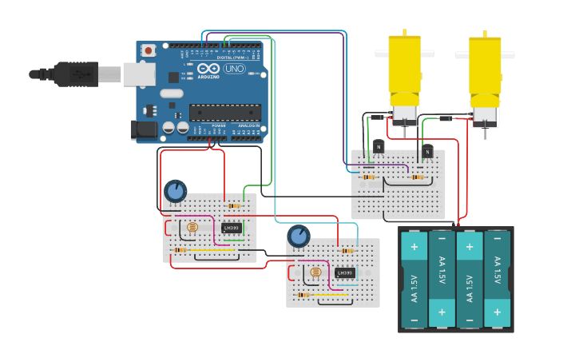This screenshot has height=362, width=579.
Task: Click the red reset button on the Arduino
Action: tap(148, 50)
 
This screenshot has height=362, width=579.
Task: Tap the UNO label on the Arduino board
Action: tap(234, 70)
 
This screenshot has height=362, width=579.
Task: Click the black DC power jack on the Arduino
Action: tap(141, 129)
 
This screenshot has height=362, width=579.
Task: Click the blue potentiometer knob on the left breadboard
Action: tap(175, 191)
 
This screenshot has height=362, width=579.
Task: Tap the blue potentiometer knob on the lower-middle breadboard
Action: tap(299, 236)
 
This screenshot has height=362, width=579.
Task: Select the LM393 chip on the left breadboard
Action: tap(232, 228)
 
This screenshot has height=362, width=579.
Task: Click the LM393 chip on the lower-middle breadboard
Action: tap(345, 272)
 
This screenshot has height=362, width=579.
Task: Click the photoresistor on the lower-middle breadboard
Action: tap(315, 273)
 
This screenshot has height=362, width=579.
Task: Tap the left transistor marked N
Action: tap(378, 147)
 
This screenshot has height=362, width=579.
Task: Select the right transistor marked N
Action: tap(427, 150)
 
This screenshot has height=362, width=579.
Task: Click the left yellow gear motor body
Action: tap(405, 68)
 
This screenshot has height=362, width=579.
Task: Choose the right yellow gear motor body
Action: tap(485, 70)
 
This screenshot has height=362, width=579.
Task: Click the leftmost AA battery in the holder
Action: tap(414, 280)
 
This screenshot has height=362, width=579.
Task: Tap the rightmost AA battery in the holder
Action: tap(497, 280)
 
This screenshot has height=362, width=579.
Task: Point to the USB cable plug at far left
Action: tap(68, 74)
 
